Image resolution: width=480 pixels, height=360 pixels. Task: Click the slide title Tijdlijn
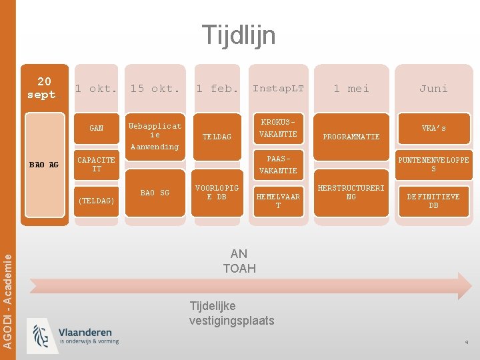click(x=239, y=35)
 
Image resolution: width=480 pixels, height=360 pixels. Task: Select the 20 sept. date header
click(x=45, y=87)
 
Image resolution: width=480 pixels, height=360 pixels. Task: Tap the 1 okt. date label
click(x=96, y=89)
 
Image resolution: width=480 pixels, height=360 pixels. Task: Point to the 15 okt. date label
click(x=155, y=89)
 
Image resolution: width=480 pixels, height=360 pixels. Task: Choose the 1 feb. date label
click(x=217, y=89)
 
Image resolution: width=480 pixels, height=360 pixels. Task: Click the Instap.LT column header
click(x=278, y=89)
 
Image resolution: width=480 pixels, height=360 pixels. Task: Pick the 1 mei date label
click(x=351, y=89)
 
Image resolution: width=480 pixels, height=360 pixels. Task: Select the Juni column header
click(x=433, y=89)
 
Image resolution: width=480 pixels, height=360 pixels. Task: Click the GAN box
click(x=97, y=128)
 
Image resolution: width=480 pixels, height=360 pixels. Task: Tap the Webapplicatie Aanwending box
click(x=155, y=136)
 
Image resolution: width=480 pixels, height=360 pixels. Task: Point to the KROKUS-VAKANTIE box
click(x=278, y=129)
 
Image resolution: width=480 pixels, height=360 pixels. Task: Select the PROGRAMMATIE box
click(x=351, y=137)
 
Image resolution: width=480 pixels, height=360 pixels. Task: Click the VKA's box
click(x=433, y=128)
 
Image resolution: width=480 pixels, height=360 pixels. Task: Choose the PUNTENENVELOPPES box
click(x=433, y=165)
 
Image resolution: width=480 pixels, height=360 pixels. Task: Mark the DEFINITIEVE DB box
click(x=433, y=201)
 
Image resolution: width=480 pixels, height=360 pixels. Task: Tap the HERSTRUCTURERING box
click(x=351, y=193)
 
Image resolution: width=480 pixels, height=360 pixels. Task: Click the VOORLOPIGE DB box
click(x=217, y=193)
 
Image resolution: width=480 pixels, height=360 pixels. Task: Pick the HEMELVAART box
click(x=278, y=201)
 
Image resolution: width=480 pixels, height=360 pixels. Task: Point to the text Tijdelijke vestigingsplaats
click(x=231, y=313)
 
